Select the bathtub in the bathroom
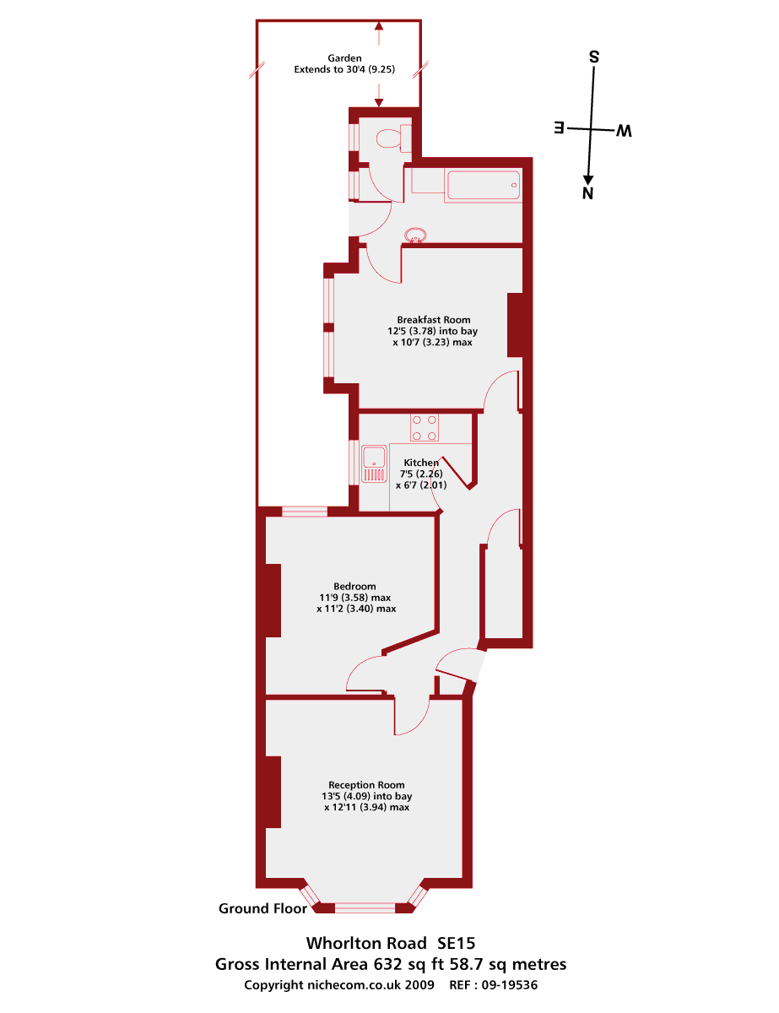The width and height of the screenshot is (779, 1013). click(483, 185)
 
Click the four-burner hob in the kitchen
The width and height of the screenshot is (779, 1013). click(424, 427)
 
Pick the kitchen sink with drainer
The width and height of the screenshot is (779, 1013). click(372, 463)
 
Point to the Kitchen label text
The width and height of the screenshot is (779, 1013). click(421, 463)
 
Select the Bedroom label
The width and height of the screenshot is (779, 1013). click(354, 586)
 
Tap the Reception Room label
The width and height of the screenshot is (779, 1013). click(366, 784)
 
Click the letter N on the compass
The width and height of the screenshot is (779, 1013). click(588, 193)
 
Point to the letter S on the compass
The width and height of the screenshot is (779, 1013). click(594, 57)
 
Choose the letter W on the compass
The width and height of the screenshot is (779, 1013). click(624, 130)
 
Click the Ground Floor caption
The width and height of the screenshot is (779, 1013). click(262, 908)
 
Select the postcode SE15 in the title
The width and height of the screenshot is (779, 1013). click(462, 942)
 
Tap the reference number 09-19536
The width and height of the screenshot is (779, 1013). click(506, 984)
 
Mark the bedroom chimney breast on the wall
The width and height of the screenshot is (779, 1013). click(273, 599)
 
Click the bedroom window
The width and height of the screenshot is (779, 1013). click(304, 511)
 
